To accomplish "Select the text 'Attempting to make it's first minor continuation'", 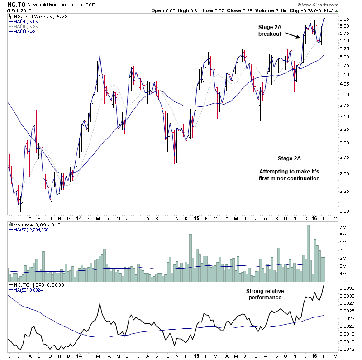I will coord(289,175).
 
